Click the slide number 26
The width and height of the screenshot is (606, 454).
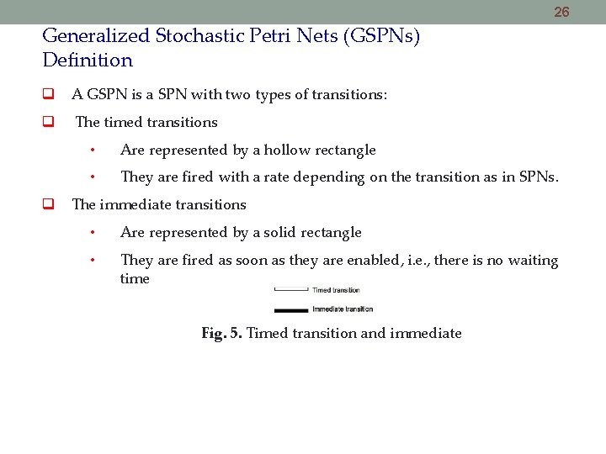click(x=561, y=12)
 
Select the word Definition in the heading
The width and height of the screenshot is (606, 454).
click(x=88, y=61)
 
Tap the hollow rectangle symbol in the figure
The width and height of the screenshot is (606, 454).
click(x=290, y=290)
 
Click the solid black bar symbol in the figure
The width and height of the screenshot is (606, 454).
click(x=290, y=310)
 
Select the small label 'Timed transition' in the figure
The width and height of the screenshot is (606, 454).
click(x=336, y=290)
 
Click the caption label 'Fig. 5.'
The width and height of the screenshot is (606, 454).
click(x=222, y=334)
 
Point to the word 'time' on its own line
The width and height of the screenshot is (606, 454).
click(x=135, y=279)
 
